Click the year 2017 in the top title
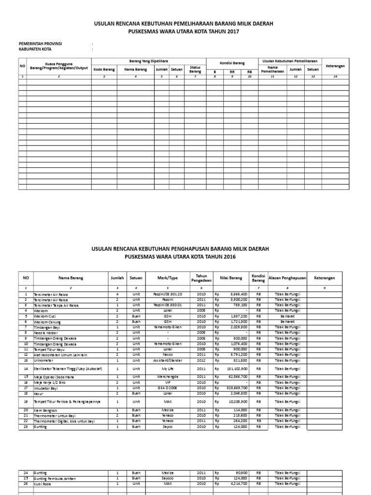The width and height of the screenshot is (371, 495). (x=232, y=31)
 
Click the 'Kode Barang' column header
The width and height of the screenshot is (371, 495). (x=104, y=70)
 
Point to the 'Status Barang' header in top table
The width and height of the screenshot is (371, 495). (x=195, y=70)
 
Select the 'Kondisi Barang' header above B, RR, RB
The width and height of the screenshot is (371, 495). (x=232, y=63)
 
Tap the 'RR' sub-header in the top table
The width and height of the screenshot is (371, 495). (x=232, y=72)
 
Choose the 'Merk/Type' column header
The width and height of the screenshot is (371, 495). (x=168, y=278)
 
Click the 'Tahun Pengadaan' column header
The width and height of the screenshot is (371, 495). (x=201, y=278)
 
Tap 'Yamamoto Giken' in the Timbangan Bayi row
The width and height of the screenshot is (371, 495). (x=168, y=327)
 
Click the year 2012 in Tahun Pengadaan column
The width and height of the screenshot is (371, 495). (x=201, y=361)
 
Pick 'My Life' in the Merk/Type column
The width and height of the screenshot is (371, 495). (x=168, y=369)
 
